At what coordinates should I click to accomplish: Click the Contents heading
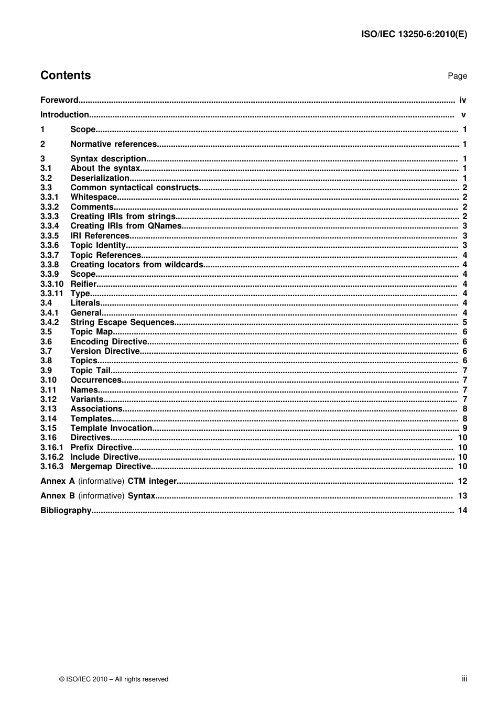coord(66,75)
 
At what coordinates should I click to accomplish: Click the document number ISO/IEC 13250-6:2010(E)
coord(414,35)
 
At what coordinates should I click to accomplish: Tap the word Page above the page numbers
coord(457,76)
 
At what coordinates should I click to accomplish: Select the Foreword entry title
coord(59,100)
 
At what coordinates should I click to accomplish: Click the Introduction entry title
coord(64,115)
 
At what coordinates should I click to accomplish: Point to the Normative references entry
coord(113,144)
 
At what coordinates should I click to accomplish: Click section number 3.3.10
coord(52,284)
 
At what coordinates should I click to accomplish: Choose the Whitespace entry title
coord(94,197)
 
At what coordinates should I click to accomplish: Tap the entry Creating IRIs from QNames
coord(126,226)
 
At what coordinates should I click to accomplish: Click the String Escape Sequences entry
coord(122,322)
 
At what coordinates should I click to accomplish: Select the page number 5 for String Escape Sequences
coord(464,322)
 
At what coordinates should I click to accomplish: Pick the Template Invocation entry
coord(111,428)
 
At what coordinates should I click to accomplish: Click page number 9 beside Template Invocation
coord(464,428)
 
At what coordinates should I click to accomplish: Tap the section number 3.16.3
coord(52,467)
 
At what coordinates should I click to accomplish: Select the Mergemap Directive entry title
coord(111,467)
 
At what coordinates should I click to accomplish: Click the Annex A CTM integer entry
coord(109,481)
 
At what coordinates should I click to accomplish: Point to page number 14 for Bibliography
coord(462,511)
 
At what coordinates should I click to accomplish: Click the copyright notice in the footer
coord(114,679)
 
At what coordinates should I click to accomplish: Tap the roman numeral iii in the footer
coord(464,679)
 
